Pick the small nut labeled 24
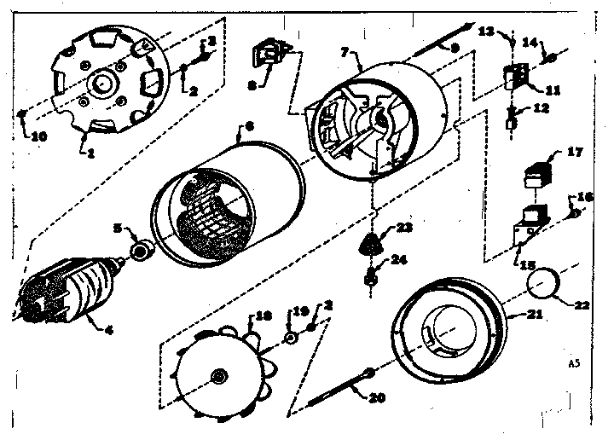372,276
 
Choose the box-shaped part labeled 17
536,173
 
